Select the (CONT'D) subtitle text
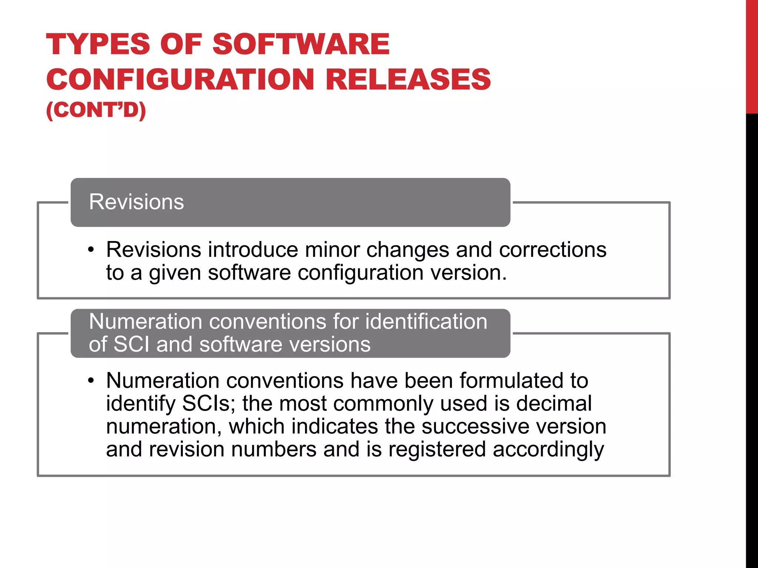[96, 110]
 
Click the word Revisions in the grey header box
[136, 202]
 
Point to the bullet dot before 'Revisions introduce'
[91, 250]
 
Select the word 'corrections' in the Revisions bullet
[553, 250]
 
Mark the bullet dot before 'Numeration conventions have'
[91, 381]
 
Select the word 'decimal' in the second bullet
[554, 403]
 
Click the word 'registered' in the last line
[437, 449]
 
